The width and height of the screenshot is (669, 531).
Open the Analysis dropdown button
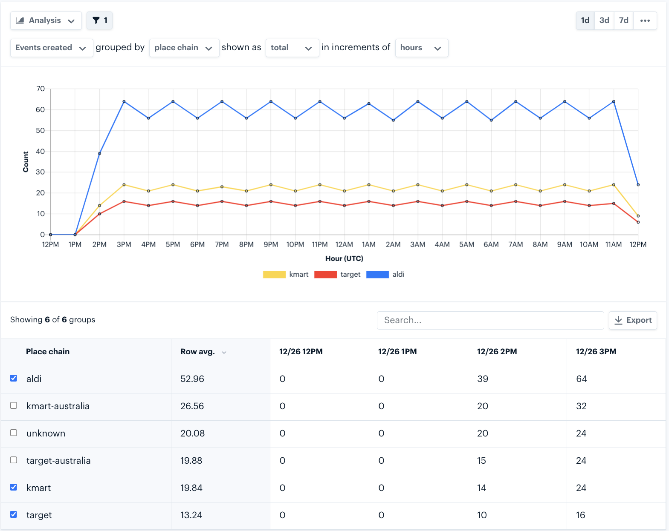tap(46, 20)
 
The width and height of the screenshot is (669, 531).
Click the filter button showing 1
tap(99, 20)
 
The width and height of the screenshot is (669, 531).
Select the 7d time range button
tap(623, 20)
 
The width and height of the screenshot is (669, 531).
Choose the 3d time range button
tap(604, 20)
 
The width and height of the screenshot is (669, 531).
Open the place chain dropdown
tap(184, 48)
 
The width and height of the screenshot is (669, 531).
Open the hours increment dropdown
tap(421, 48)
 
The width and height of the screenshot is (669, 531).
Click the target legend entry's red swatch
tap(325, 275)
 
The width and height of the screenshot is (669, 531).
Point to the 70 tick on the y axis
tap(41, 89)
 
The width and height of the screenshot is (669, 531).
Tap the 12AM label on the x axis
tap(344, 244)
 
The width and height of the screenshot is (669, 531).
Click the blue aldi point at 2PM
tap(99, 153)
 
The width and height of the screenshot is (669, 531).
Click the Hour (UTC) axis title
tap(344, 258)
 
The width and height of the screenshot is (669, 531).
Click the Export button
tap(633, 320)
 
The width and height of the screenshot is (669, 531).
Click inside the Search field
tap(490, 320)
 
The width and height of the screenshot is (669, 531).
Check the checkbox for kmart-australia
tap(14, 405)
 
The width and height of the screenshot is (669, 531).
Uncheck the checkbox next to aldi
tap(14, 378)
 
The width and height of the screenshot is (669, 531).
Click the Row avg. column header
tap(197, 352)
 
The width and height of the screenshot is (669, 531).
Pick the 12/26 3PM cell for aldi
tap(582, 379)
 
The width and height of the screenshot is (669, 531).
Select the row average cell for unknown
tap(192, 433)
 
